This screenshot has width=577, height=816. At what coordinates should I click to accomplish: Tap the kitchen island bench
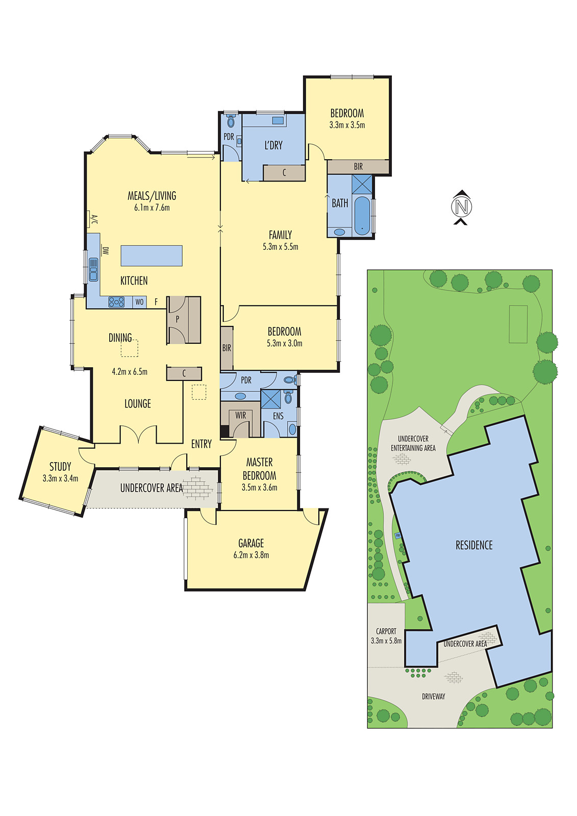click(152, 256)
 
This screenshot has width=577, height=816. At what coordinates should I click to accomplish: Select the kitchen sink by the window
click(93, 269)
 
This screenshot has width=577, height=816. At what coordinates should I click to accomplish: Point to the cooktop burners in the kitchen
click(116, 302)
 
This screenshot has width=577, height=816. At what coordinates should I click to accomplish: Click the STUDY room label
click(60, 467)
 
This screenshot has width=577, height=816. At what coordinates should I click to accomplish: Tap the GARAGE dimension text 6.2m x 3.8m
click(251, 555)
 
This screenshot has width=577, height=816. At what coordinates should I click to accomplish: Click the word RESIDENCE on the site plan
click(474, 545)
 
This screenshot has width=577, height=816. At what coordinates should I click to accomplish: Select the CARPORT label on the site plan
click(386, 631)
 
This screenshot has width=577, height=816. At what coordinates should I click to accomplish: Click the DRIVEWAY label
click(433, 696)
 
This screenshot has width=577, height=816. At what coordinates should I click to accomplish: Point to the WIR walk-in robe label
click(240, 416)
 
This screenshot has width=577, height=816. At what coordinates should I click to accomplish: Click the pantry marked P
click(178, 319)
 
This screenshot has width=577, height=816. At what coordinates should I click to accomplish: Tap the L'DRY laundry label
click(273, 145)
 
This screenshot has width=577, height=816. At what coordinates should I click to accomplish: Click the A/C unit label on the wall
click(94, 220)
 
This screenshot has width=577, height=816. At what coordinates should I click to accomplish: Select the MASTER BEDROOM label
click(259, 469)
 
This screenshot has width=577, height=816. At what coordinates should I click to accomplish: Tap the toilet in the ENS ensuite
click(288, 397)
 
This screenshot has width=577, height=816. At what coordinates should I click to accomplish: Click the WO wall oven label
click(139, 302)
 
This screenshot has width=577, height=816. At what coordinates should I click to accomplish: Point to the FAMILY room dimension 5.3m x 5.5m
click(280, 247)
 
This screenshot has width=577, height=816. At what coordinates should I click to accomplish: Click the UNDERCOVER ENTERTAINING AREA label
click(413, 443)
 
